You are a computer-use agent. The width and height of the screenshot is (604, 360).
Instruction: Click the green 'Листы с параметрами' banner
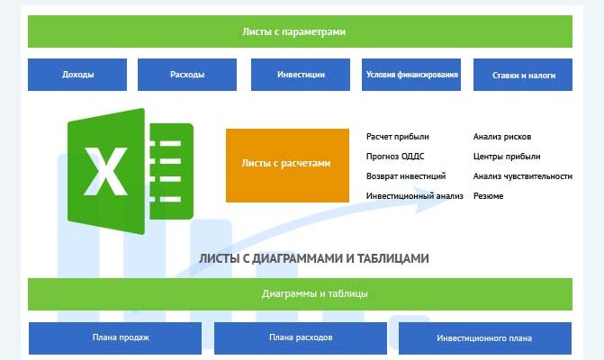(x=300, y=31)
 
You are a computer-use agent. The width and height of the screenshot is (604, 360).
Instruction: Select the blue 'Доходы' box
(x=78, y=75)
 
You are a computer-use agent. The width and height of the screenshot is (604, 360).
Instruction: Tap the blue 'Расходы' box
(x=187, y=75)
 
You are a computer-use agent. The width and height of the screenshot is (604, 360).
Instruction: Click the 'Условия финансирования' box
(x=412, y=75)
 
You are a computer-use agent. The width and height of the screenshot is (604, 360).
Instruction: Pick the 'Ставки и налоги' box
(x=522, y=76)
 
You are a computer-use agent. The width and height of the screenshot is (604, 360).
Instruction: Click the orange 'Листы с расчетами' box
(x=286, y=165)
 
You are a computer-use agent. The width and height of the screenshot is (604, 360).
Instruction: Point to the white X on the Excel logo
(x=106, y=170)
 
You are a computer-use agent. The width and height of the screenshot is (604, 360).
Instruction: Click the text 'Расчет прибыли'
(x=398, y=137)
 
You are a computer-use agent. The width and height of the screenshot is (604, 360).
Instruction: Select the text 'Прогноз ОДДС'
(x=395, y=157)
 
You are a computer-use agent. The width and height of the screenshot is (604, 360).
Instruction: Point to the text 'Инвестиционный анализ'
(x=415, y=196)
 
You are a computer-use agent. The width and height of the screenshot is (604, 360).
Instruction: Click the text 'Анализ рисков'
(x=501, y=137)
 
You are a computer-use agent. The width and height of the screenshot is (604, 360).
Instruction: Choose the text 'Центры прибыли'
(x=507, y=157)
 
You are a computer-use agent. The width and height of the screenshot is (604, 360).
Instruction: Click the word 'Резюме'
(x=489, y=196)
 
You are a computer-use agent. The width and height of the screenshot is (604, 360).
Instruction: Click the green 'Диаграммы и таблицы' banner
(x=300, y=294)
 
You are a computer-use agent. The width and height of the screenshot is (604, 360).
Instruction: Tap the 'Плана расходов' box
(x=301, y=337)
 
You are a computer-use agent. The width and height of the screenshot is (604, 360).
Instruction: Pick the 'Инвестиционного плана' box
(x=484, y=338)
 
